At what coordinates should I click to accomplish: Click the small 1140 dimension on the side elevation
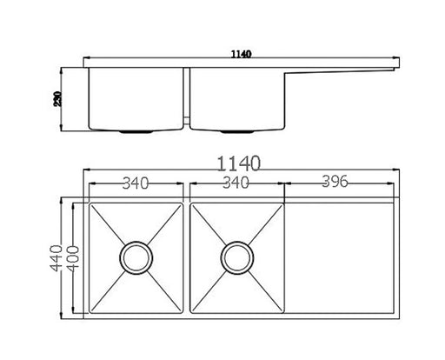pos(241,55)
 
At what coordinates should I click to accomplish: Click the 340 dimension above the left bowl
pos(136,183)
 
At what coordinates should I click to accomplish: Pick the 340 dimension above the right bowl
pos(236,183)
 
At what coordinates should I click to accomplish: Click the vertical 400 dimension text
pos(76,257)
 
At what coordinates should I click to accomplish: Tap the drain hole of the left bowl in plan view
pos(136,257)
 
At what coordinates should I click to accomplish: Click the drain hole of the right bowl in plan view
pos(236,257)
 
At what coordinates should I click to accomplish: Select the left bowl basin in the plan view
pos(113,287)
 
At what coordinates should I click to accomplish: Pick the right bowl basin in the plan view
pos(213,287)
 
